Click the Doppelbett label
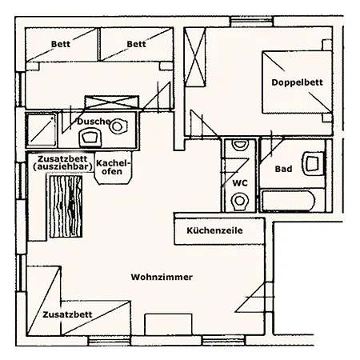point(297,82)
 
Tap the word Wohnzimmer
point(162,277)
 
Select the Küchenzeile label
point(214,230)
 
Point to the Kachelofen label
point(113,167)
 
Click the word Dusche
point(94,122)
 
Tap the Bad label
point(283,169)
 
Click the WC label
point(240,183)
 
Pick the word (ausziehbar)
point(63,167)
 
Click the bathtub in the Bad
point(289,201)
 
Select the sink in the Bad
point(313,163)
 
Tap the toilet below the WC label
point(240,202)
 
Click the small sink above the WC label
point(239,145)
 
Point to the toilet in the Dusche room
point(118,126)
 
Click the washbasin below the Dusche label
point(90,138)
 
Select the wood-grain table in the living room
point(66,206)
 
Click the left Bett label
point(61,44)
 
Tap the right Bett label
point(136,44)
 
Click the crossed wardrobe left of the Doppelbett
point(195,57)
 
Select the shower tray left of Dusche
point(42,130)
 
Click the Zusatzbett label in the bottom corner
point(67,314)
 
